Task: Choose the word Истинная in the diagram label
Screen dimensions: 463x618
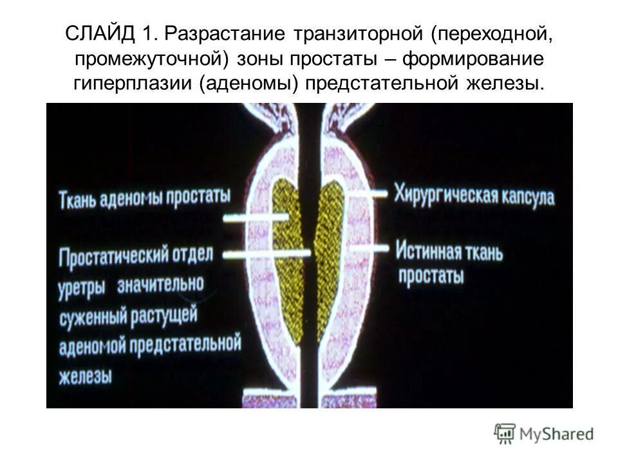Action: [429, 251]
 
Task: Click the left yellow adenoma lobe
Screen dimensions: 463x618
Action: [287, 257]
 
